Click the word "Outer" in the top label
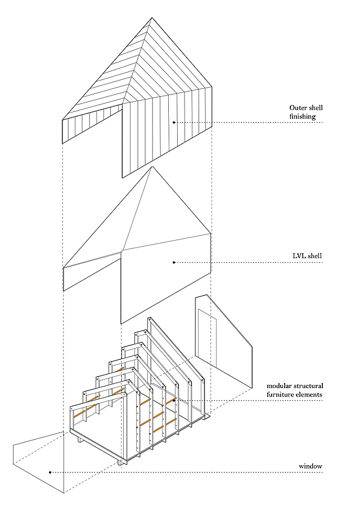[299, 108]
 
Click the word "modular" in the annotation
[281, 386]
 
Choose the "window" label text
[311, 466]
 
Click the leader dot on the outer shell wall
[174, 122]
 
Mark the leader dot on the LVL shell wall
[174, 262]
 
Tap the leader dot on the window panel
[51, 472]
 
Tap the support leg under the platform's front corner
[120, 462]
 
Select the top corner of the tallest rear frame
[150, 318]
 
